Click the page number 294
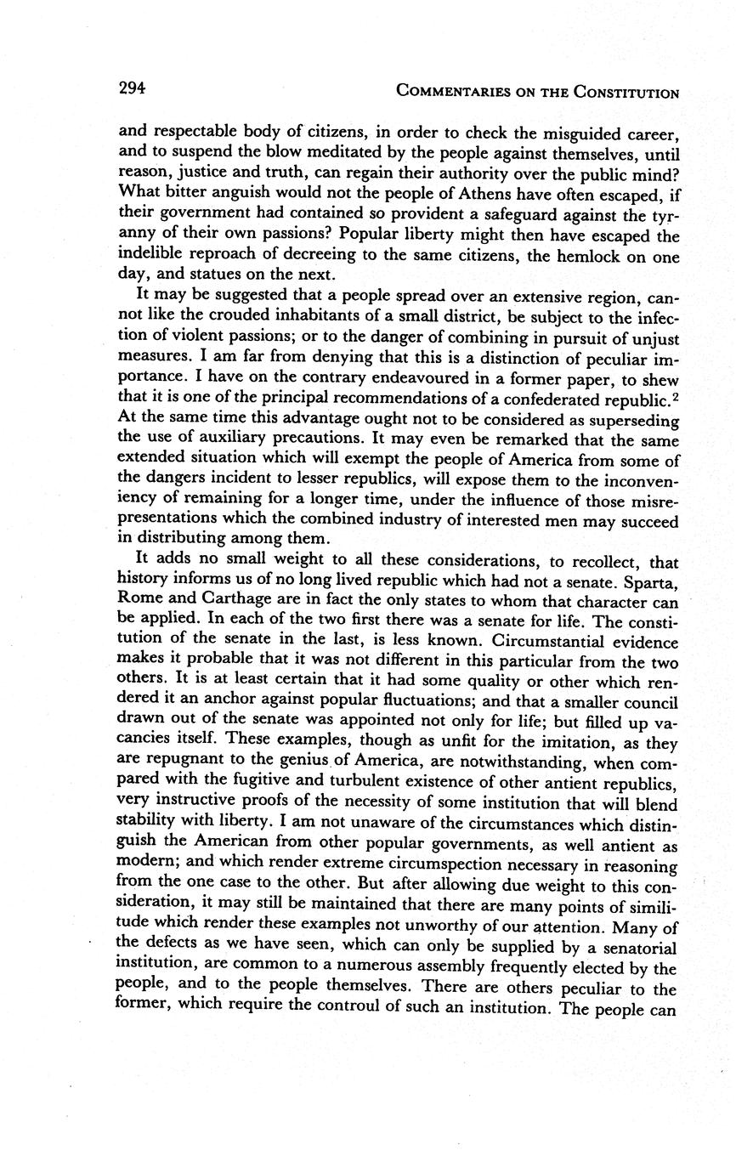tap(133, 88)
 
